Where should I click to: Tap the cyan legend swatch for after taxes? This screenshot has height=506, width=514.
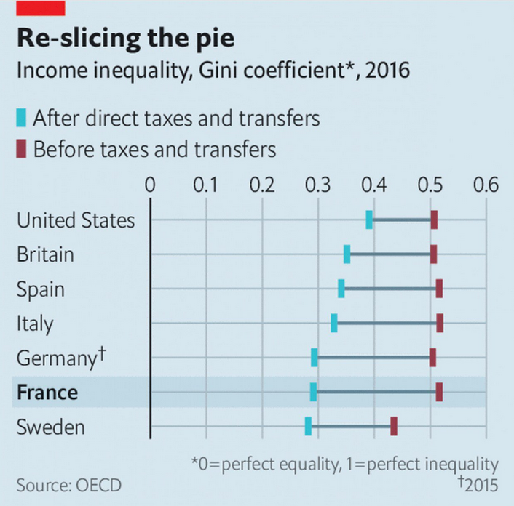point(21,117)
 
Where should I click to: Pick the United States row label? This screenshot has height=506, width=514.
point(76,220)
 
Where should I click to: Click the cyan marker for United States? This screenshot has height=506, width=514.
point(369,220)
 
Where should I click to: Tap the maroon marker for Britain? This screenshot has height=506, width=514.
point(433,254)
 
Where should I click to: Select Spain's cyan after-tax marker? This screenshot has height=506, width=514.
point(341,288)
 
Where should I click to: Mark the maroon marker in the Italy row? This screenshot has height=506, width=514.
point(440,322)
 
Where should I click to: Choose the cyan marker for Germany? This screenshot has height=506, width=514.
point(314,357)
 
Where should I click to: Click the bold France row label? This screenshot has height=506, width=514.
point(47,393)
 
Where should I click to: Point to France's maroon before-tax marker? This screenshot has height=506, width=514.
point(439,392)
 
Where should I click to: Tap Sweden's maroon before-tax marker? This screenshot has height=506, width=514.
point(394,426)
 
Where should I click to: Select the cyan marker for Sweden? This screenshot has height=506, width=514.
point(308,426)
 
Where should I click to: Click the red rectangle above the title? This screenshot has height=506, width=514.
point(41,7)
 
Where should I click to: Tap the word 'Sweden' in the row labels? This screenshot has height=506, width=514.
point(51,427)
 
